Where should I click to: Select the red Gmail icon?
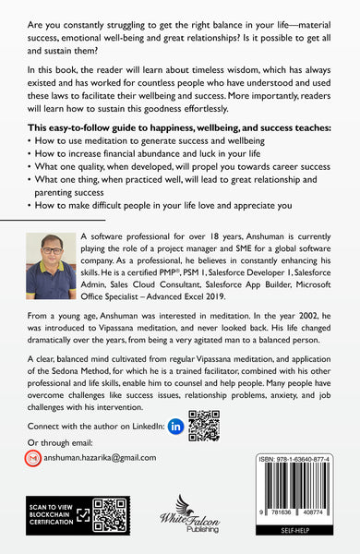pos(33,458)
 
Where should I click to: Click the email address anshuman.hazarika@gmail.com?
pos(103,457)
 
